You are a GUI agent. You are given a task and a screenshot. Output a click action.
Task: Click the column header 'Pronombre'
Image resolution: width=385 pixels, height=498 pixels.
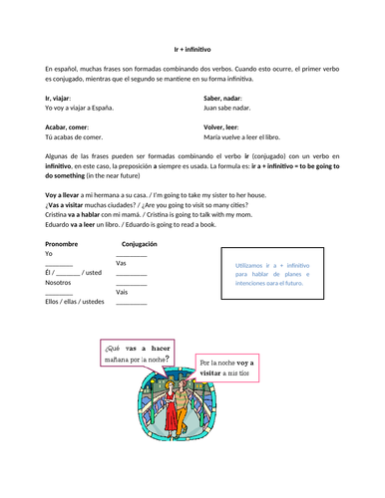click(x=64, y=244)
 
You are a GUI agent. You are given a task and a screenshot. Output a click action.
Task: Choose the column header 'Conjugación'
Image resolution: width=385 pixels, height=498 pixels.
click(x=139, y=244)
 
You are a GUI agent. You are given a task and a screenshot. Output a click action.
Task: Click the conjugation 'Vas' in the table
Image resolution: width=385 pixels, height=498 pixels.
click(x=121, y=263)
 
